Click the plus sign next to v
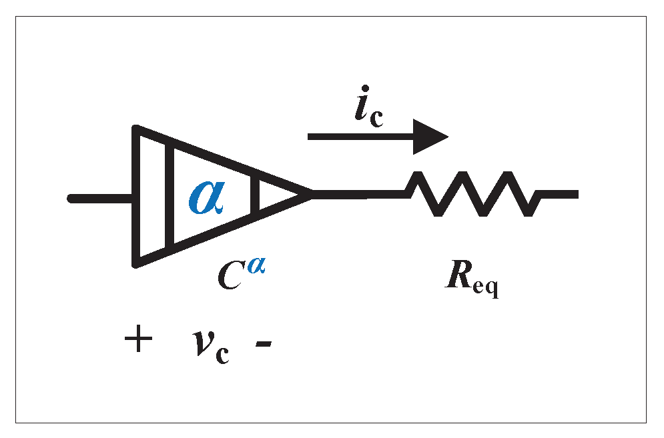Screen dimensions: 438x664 point(138,341)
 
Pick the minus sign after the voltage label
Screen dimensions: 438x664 point(263,345)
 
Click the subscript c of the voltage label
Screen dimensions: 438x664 point(222,354)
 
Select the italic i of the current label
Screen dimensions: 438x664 point(360,107)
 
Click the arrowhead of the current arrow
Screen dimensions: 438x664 point(430,137)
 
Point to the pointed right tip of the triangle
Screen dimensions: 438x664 point(308,195)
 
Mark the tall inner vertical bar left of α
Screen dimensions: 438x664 point(170,196)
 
